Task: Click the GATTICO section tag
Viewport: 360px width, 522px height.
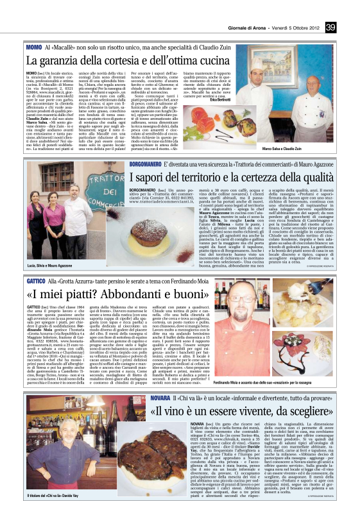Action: point(35,264)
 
